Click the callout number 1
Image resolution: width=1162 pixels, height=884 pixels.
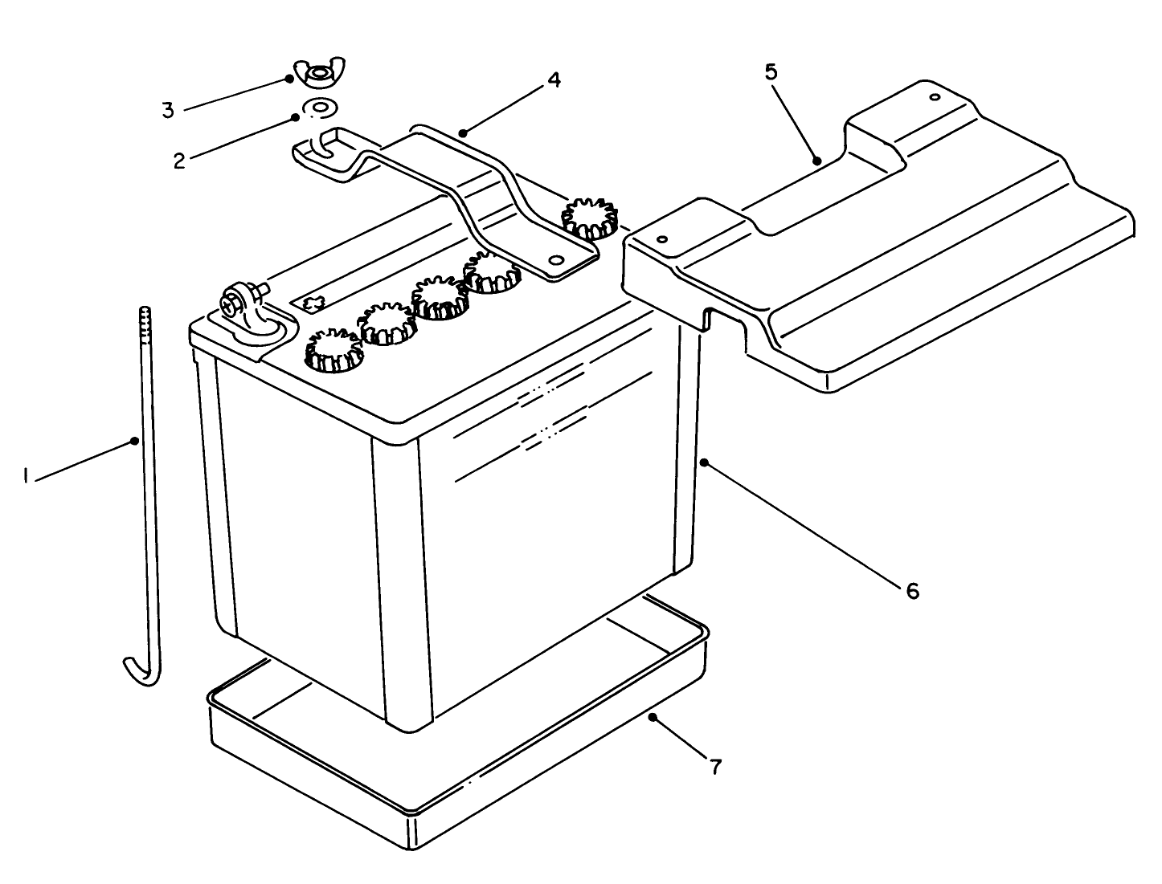26,477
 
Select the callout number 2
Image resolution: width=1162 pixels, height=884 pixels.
178,159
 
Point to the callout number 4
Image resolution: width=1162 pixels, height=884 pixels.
553,80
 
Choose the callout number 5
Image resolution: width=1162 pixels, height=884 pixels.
770,72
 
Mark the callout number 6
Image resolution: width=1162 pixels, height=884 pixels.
911,591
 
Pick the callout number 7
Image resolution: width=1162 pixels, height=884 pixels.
715,767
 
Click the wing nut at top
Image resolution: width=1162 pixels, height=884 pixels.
319,75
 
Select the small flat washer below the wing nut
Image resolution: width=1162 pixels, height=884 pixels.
319,106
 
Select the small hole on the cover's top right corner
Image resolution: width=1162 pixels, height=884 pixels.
934,98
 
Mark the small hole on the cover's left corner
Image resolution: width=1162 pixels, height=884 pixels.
661,239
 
